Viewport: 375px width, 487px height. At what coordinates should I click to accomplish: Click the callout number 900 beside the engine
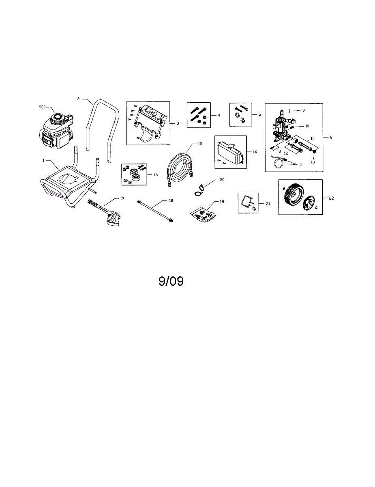[42, 107]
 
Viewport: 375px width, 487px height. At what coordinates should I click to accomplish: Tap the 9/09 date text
[171, 282]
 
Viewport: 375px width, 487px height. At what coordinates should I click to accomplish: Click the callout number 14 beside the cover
[255, 152]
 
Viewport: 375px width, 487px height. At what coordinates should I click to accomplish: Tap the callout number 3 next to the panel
[178, 122]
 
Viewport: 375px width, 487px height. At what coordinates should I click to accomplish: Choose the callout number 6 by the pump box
[331, 138]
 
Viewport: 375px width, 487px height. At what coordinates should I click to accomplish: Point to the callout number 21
[268, 204]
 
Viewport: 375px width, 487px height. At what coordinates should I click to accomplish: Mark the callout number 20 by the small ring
[221, 179]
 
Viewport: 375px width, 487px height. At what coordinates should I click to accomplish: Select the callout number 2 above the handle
[79, 99]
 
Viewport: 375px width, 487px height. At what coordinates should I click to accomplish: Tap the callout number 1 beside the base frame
[43, 161]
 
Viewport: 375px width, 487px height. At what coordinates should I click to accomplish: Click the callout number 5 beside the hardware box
[259, 114]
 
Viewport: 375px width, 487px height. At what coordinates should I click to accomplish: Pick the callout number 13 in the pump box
[312, 162]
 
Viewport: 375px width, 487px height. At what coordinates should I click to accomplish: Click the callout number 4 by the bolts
[219, 115]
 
